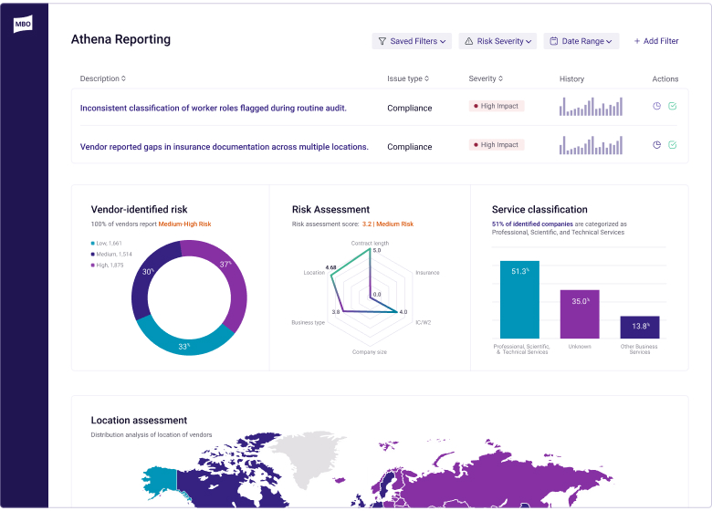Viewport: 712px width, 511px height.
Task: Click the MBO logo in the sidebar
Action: [23, 25]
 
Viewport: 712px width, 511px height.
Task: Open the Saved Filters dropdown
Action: [412, 41]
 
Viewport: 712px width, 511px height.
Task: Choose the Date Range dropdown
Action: [581, 41]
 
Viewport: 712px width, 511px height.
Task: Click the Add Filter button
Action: [656, 41]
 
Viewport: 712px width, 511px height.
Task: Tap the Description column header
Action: [103, 78]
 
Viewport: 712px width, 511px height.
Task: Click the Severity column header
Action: [486, 78]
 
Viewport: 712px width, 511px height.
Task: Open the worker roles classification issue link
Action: [214, 108]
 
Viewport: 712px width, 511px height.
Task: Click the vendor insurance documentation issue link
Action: [225, 146]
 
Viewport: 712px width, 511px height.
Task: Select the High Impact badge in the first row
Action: [497, 106]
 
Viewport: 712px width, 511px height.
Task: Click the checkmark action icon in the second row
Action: [673, 144]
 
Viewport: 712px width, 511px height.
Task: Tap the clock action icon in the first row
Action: [656, 106]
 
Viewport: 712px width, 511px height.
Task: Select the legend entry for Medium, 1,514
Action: [111, 254]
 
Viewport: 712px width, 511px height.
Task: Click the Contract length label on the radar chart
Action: [370, 244]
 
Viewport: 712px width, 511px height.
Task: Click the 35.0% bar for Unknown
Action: [579, 314]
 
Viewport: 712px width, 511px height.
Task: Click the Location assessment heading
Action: [139, 421]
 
